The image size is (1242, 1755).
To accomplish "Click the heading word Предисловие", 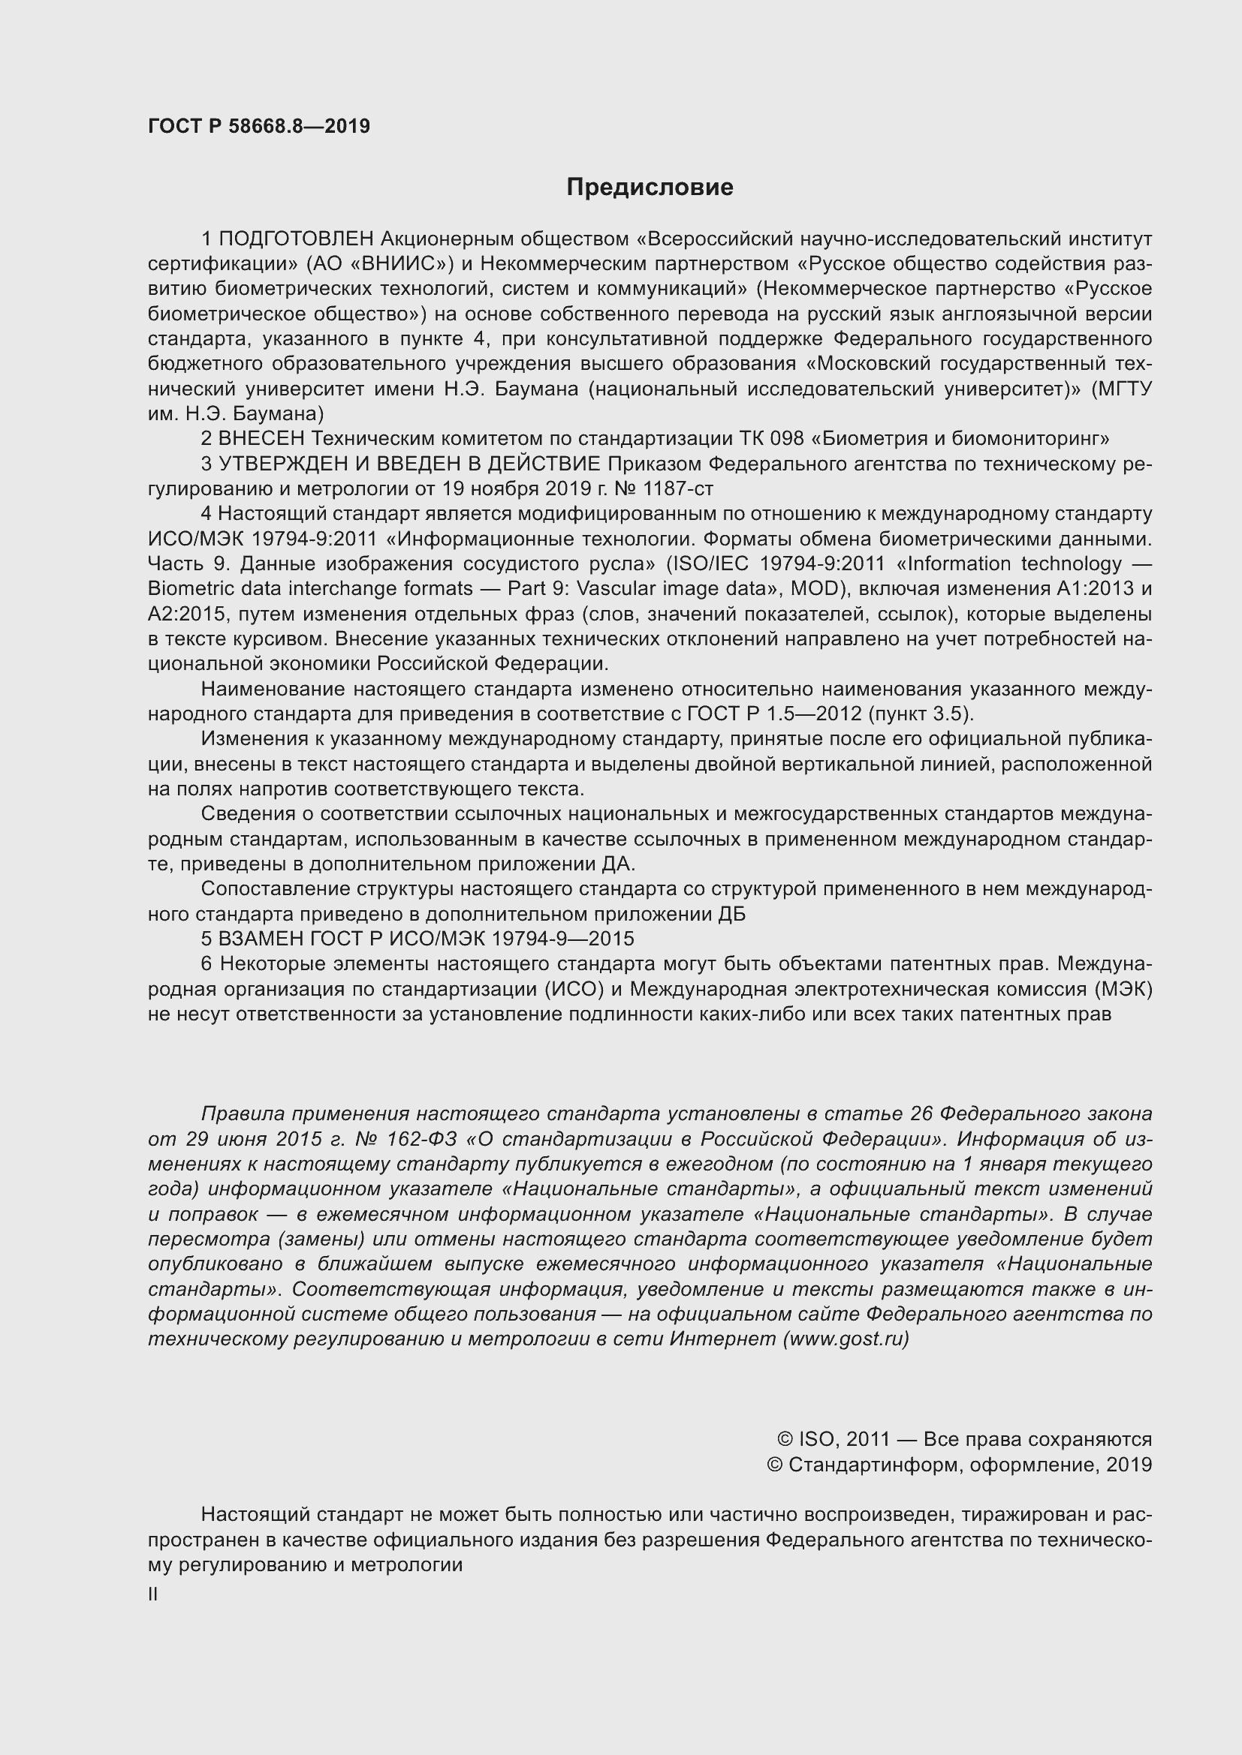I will tap(650, 188).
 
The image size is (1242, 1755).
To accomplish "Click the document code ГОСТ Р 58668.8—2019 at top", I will tap(258, 127).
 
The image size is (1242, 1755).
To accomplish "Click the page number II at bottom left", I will tap(153, 1594).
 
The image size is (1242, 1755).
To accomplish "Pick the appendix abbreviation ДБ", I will tap(732, 914).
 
